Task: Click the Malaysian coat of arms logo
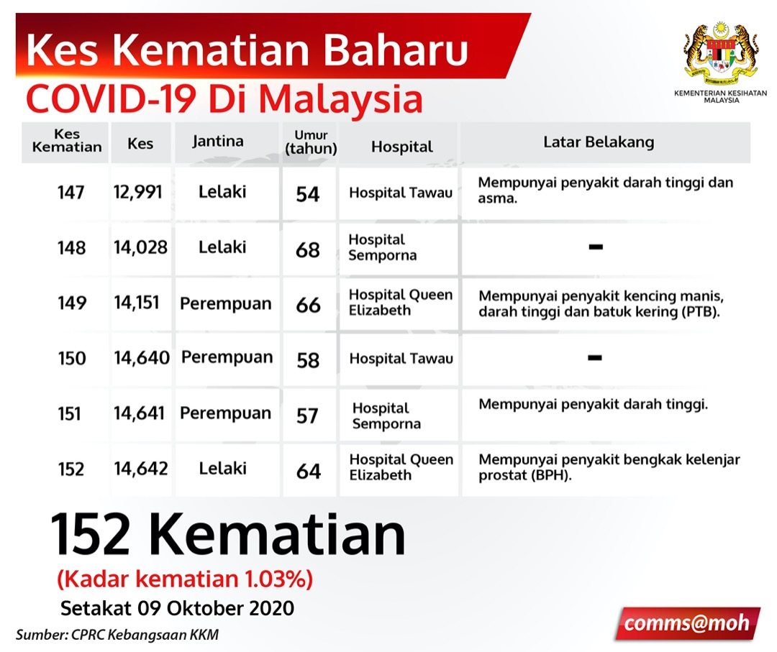coord(721,52)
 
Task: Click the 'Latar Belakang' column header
coord(599,142)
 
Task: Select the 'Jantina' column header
coord(218,142)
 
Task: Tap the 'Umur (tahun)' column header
coord(311,142)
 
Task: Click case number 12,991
coord(137,192)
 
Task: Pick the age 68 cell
coord(308,250)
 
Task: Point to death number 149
coord(72,303)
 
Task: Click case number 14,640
coord(142,358)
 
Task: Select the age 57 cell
coord(307,415)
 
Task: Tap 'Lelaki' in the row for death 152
coord(223,468)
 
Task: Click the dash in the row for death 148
coord(596,247)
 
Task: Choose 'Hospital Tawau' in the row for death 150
coord(401,359)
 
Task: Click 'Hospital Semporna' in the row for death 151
coord(386,415)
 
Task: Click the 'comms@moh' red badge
coord(687,623)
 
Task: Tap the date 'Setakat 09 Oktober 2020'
coord(178,608)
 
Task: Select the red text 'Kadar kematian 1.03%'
coord(185,579)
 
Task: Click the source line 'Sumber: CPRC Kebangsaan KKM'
coord(117,635)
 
